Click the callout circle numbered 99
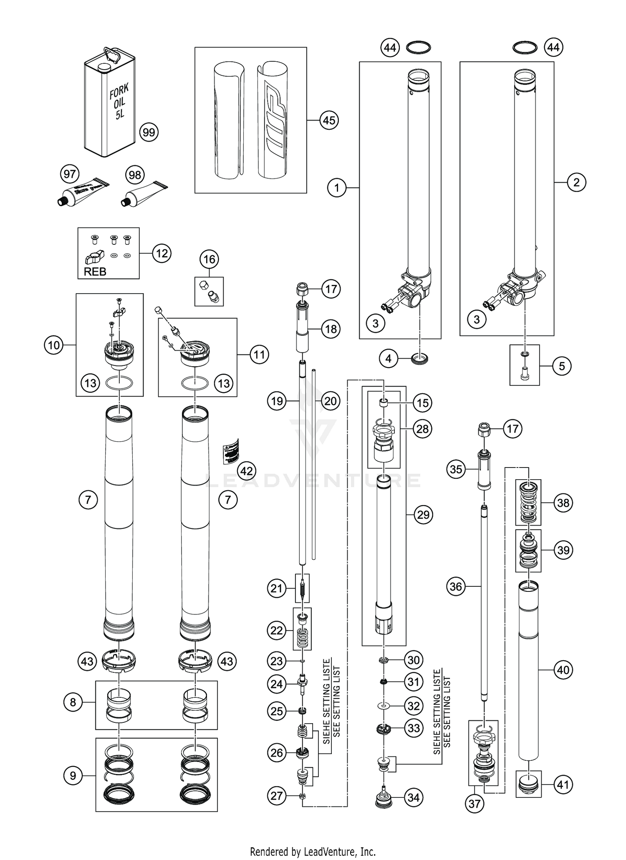pyautogui.click(x=149, y=133)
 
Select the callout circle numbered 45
pyautogui.click(x=329, y=120)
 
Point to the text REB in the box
pyautogui.click(x=95, y=272)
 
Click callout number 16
pyautogui.click(x=209, y=259)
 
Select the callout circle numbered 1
pyautogui.click(x=337, y=188)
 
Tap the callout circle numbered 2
pyautogui.click(x=576, y=182)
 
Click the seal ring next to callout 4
pyautogui.click(x=419, y=358)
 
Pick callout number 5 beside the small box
pyautogui.click(x=562, y=366)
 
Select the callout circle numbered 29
pyautogui.click(x=423, y=515)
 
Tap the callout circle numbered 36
pyautogui.click(x=455, y=587)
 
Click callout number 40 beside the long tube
pyautogui.click(x=563, y=670)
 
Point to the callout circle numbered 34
pyautogui.click(x=413, y=797)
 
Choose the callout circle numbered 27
pyautogui.click(x=277, y=796)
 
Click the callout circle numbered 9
pyautogui.click(x=73, y=775)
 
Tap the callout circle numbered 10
pyautogui.click(x=54, y=345)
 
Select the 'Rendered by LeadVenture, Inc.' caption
pyautogui.click(x=313, y=851)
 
